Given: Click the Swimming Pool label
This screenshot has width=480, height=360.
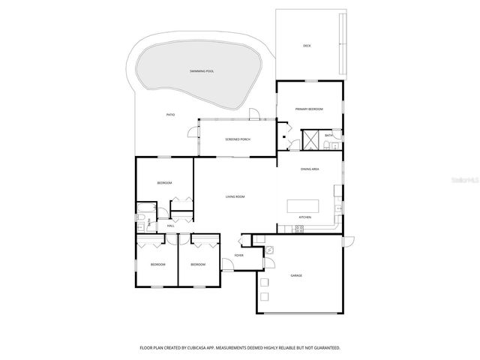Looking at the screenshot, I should [x=202, y=71].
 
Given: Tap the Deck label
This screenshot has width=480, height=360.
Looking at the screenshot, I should [x=307, y=46].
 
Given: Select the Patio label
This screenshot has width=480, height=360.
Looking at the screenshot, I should [x=171, y=114].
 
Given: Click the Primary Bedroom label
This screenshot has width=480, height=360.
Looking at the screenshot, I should [x=308, y=109].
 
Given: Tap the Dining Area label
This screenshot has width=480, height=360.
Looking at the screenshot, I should [x=310, y=169].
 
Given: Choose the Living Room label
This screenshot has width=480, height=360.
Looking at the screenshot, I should [x=235, y=196].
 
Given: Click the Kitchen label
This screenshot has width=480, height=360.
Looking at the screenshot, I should [x=305, y=217].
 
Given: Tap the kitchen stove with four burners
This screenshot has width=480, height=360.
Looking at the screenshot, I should [x=299, y=229].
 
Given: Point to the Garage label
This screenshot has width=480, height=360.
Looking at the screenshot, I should [x=296, y=276].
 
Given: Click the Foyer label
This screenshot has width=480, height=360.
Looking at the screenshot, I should [x=239, y=256].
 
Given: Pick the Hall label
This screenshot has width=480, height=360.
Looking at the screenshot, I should [x=171, y=225].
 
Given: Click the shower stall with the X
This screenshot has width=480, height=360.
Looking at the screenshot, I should [x=310, y=140].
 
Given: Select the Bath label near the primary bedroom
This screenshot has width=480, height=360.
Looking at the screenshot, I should [x=328, y=136].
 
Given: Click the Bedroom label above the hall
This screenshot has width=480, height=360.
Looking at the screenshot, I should [x=164, y=183].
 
